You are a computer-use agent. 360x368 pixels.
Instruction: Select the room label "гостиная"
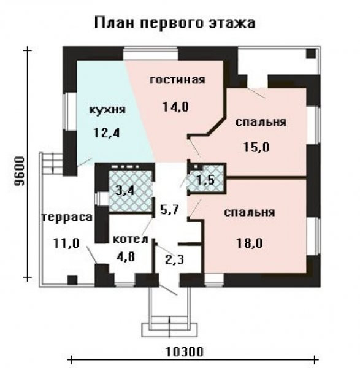(x=177, y=80)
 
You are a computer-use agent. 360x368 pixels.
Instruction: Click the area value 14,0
(x=175, y=107)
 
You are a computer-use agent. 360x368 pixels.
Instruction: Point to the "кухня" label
(x=108, y=110)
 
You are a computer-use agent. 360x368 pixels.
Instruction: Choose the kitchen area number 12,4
(x=107, y=133)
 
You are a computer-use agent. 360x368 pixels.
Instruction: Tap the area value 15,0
(x=256, y=147)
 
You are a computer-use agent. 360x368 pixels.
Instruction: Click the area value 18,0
(x=249, y=243)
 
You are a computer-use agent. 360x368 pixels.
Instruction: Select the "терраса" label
(x=67, y=217)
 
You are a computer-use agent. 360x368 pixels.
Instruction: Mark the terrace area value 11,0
(x=66, y=243)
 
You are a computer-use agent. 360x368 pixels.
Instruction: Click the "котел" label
(x=131, y=239)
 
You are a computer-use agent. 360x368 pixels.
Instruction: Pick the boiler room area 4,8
(x=126, y=256)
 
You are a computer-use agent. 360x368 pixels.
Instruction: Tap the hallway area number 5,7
(x=170, y=209)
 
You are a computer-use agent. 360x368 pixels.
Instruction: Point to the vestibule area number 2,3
(x=175, y=259)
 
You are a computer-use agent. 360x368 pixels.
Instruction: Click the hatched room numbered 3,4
(x=131, y=191)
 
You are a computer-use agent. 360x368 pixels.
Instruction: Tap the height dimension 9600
(x=19, y=172)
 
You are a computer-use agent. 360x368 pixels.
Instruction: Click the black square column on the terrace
(x=72, y=280)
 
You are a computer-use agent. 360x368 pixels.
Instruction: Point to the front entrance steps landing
(x=169, y=330)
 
